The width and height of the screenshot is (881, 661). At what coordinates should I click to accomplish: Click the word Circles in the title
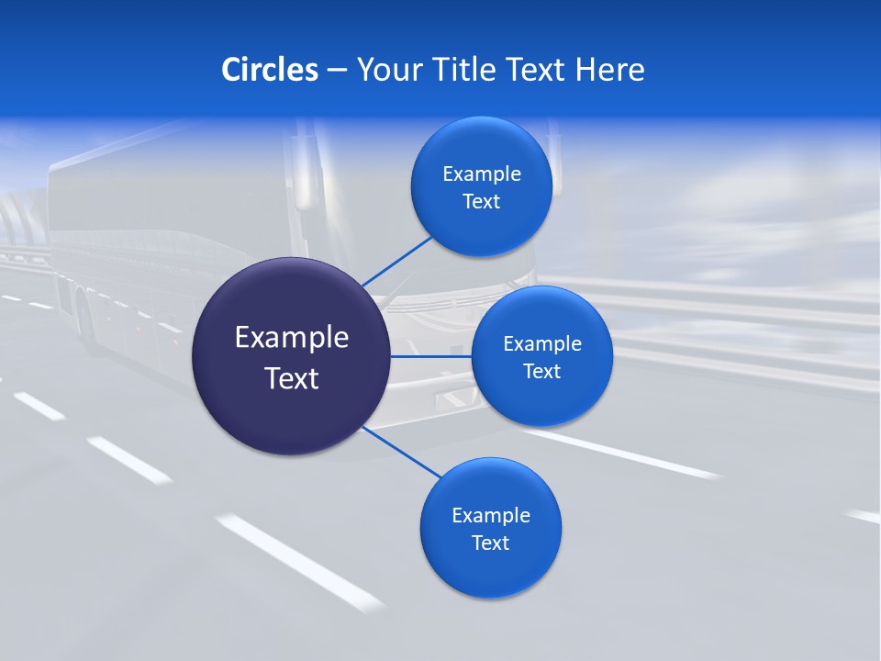269,70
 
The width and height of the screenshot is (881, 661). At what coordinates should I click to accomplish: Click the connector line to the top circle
397,261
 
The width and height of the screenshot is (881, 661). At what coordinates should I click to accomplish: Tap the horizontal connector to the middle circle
431,356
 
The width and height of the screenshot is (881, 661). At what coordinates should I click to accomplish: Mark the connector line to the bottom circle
402,452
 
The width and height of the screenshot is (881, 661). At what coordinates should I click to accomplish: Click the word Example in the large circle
291,338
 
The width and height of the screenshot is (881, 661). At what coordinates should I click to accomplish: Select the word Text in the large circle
291,378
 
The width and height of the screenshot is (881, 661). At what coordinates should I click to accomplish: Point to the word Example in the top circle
481,174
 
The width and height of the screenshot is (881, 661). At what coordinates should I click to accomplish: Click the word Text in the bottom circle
490,543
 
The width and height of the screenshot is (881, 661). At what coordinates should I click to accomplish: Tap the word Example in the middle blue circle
541,344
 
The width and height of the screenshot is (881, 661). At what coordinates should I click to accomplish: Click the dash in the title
337,70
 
